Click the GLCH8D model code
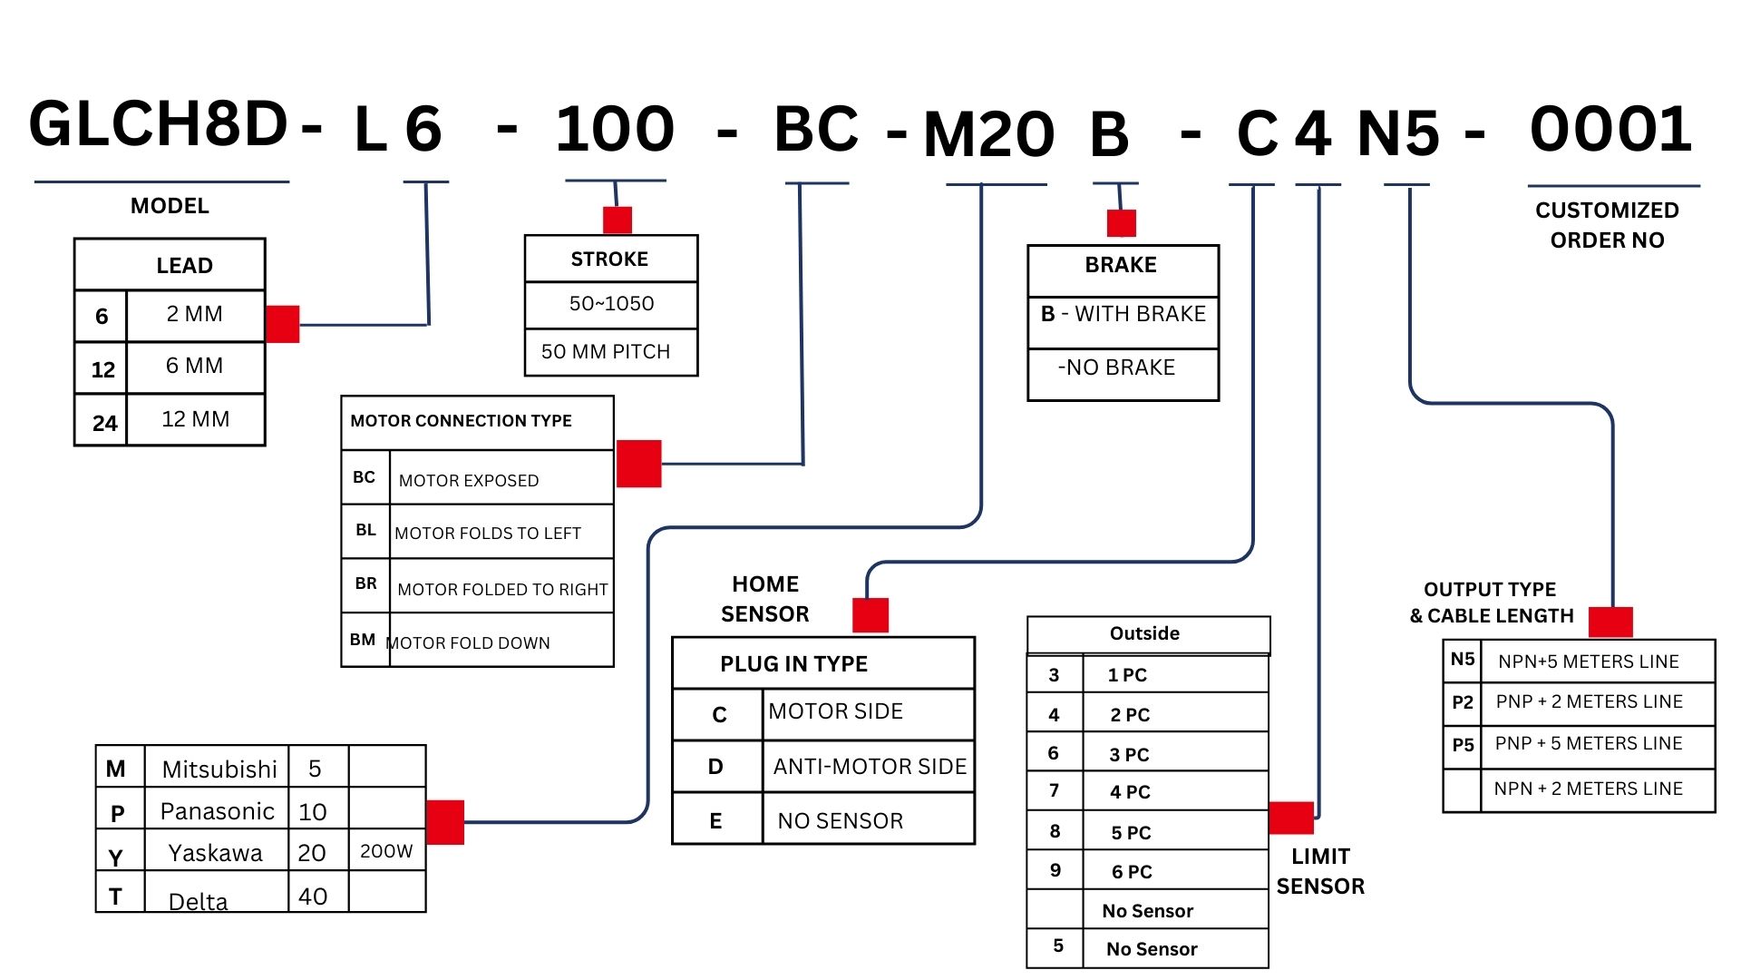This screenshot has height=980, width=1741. [x=159, y=124]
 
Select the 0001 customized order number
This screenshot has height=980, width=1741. [x=1610, y=129]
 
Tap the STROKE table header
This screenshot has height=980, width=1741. [x=609, y=260]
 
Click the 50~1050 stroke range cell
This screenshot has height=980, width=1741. [x=611, y=304]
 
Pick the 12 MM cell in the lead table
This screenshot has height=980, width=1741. [x=195, y=419]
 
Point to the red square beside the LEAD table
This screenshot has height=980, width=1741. [x=283, y=324]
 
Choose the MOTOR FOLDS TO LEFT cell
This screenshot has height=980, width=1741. [x=488, y=534]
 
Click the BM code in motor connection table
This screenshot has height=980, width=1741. [x=363, y=640]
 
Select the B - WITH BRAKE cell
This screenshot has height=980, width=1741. [x=1123, y=314]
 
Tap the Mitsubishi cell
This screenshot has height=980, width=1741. [x=219, y=769]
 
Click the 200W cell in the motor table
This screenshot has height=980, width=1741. [x=386, y=851]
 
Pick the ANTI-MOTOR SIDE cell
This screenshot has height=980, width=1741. [x=869, y=767]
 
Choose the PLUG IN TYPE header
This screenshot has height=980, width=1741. [x=793, y=664]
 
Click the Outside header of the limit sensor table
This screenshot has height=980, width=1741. [x=1144, y=633]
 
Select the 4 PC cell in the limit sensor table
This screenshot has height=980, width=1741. [x=1130, y=792]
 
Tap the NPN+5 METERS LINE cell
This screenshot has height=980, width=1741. [x=1588, y=661]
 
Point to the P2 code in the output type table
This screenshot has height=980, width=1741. [x=1463, y=702]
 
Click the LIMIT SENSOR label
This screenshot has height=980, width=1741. [x=1320, y=871]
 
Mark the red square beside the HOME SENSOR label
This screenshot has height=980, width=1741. [x=870, y=615]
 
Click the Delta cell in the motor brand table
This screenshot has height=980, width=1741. [x=198, y=902]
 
